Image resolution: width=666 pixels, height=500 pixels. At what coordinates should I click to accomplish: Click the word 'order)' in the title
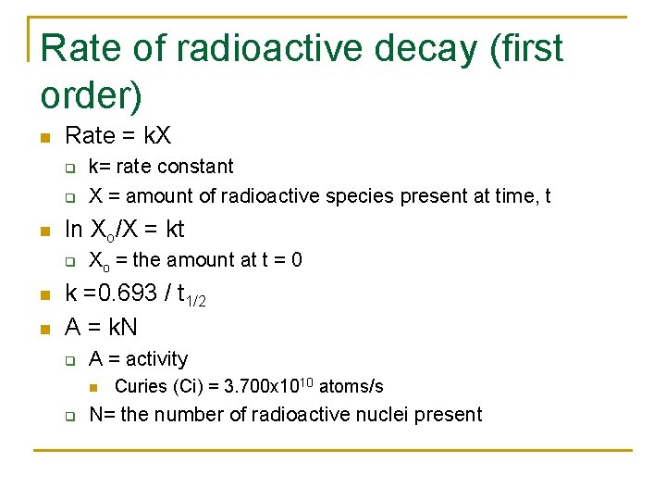point(92,94)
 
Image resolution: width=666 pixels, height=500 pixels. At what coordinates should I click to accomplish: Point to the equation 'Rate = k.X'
point(117,136)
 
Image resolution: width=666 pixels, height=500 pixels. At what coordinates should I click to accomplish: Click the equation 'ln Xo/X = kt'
point(125,229)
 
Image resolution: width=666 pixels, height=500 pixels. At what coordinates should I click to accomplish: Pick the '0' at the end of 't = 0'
point(296,260)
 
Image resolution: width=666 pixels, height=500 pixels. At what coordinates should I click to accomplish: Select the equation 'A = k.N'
point(102,326)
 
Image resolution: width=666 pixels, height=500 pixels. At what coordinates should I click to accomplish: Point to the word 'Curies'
point(141,386)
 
